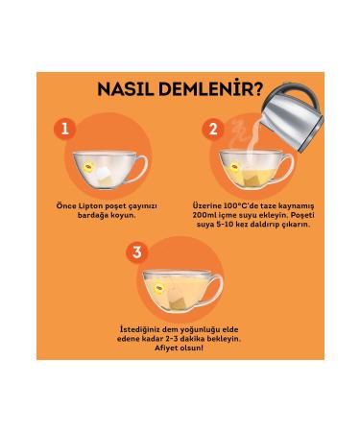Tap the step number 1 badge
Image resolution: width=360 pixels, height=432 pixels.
coord(65,129)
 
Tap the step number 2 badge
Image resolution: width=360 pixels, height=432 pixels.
coord(213,129)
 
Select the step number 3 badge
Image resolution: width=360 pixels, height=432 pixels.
coord(137,252)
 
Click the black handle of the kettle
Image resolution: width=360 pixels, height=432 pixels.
coord(300,90)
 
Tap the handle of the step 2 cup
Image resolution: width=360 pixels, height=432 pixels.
coord(287,165)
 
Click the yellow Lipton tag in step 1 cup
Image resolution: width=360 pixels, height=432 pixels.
coord(88,166)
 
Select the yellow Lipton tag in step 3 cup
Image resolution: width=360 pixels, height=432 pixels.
coord(159,288)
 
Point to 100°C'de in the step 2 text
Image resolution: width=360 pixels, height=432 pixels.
coord(228,205)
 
